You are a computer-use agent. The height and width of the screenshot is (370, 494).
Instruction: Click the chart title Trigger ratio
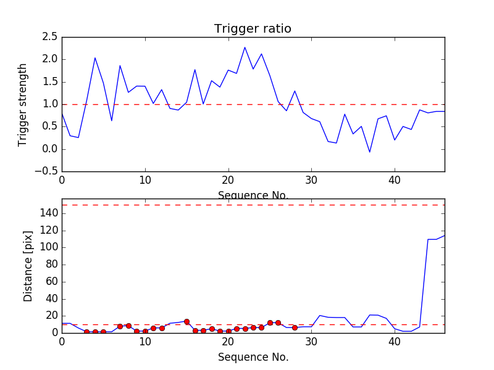(x=253, y=29)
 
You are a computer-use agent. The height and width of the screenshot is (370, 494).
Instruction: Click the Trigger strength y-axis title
(x=23, y=104)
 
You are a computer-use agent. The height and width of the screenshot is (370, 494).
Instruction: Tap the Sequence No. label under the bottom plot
(x=253, y=357)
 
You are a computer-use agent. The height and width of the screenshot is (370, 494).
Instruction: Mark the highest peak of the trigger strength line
(x=245, y=47)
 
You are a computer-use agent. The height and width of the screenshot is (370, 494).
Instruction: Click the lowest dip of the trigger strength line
(x=369, y=152)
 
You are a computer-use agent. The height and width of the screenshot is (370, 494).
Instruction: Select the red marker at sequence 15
(x=186, y=321)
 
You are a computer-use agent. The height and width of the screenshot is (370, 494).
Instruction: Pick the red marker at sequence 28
(x=295, y=327)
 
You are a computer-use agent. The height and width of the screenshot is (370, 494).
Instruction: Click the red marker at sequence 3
(x=86, y=332)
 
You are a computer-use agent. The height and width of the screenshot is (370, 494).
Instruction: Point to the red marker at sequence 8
(x=128, y=326)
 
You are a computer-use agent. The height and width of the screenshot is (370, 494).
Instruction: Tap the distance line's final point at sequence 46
(x=444, y=236)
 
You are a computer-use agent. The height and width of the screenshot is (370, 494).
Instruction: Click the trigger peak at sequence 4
(x=95, y=58)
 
